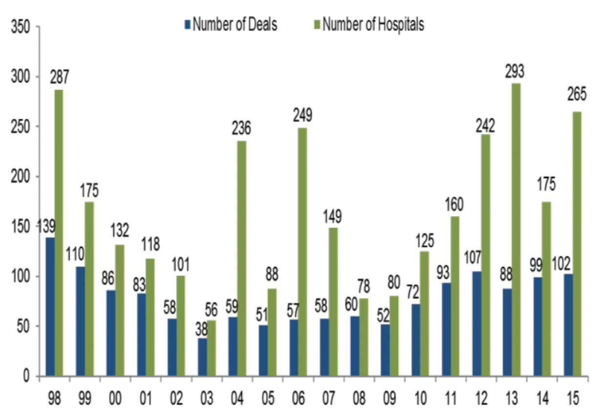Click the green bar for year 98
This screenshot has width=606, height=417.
(x=59, y=233)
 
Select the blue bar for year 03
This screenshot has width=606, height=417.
(x=202, y=357)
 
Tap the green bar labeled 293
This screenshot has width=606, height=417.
(x=516, y=230)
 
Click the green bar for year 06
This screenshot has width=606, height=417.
(x=303, y=252)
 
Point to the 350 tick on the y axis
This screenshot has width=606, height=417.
(x=22, y=27)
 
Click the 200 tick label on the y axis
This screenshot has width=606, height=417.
(x=22, y=177)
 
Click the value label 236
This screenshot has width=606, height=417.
(x=241, y=129)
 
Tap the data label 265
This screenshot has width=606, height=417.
(x=576, y=94)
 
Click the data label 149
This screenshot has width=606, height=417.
(x=332, y=216)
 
